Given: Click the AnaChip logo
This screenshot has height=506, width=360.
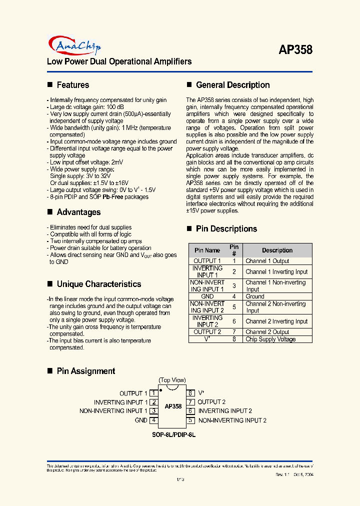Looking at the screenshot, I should point(73,46).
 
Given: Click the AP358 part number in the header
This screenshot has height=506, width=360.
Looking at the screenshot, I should point(295,50).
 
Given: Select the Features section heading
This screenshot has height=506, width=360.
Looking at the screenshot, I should point(72,85).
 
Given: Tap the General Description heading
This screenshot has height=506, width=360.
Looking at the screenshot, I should point(232,85).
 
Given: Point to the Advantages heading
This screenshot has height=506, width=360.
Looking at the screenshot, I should point(78,212).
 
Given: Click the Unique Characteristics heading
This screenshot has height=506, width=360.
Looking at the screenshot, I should point(98,284).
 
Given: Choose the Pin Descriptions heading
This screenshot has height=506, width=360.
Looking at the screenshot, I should point(226,229).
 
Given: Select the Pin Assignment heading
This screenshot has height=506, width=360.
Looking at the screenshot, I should point(85,371).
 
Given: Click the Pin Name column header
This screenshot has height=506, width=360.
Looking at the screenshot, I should point(207,250).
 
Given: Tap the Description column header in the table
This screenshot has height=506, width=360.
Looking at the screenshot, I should point(277,250).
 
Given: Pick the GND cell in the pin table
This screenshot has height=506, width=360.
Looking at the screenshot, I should point(207,296).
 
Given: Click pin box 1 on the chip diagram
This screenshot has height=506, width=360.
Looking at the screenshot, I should point(154,393).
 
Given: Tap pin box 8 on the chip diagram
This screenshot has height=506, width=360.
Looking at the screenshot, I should point(190,393).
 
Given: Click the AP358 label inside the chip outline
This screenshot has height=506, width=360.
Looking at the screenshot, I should point(173,406).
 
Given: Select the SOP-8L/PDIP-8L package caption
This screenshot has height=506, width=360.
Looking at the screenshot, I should point(173,435).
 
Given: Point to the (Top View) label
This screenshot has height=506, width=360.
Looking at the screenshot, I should point(172,380).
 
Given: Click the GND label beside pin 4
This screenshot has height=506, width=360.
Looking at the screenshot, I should point(141,420).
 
